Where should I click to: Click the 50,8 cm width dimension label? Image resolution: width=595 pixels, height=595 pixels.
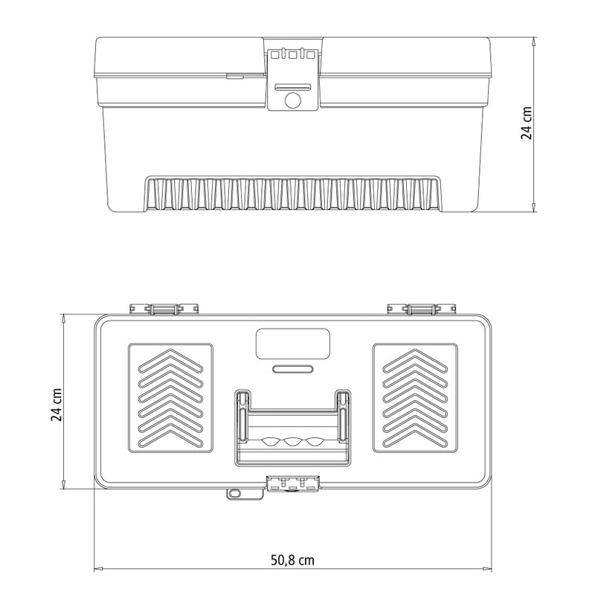click(x=292, y=560)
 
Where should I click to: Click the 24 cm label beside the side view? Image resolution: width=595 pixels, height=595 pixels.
click(x=527, y=123)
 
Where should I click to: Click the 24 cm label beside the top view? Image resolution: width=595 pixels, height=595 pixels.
click(x=57, y=405)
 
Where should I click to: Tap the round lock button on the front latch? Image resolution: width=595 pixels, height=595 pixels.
click(x=292, y=100)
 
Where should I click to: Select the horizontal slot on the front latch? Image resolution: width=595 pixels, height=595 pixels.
click(x=293, y=87)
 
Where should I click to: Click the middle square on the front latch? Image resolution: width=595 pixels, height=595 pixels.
click(x=292, y=55)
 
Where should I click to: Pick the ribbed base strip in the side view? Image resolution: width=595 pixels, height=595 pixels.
click(x=293, y=193)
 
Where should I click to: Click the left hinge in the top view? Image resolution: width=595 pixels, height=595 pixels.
click(x=164, y=309)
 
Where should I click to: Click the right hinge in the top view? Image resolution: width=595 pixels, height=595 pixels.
click(x=422, y=309)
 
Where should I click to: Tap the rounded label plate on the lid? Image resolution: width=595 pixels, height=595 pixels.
click(x=293, y=344)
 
